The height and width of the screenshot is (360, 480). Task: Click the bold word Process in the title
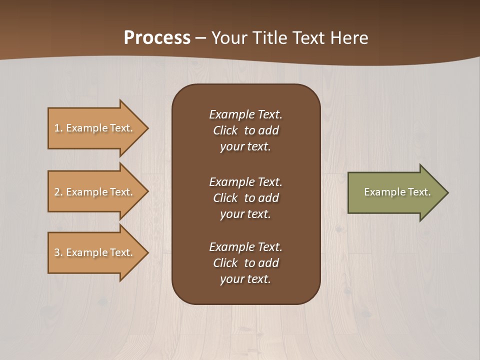coord(157,38)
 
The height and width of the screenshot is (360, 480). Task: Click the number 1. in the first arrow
coord(58,128)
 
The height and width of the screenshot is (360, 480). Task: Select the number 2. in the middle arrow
coord(58,192)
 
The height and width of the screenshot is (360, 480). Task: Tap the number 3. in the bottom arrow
coord(58,252)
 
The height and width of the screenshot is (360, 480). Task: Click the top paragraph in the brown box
coord(245,130)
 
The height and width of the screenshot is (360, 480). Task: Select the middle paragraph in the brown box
coord(245,198)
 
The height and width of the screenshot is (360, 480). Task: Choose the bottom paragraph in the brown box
coord(245,263)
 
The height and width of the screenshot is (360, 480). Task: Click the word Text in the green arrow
coord(419,192)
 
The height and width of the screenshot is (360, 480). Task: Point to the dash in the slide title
coord(200,38)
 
